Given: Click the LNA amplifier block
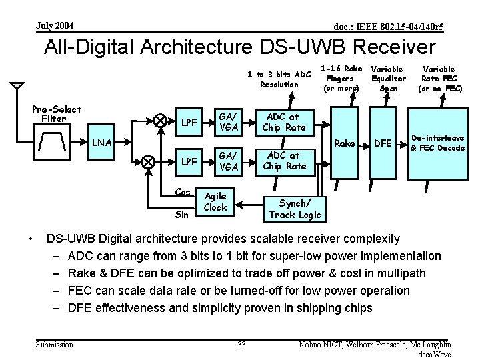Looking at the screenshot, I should [x=103, y=141].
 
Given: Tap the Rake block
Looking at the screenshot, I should [x=344, y=143].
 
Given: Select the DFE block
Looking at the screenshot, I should [x=383, y=143].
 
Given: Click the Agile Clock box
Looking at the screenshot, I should [x=215, y=202].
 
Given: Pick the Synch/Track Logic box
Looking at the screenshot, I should [x=294, y=208].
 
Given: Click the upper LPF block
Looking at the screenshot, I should [x=189, y=123].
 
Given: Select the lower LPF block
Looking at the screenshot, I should [x=189, y=161].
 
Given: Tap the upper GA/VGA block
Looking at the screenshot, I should [x=229, y=122].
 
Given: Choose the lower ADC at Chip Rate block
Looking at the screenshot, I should [x=284, y=161].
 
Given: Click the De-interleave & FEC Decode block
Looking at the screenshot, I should [x=437, y=142].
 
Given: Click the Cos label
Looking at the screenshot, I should [x=183, y=193].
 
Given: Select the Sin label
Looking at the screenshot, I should [x=181, y=215].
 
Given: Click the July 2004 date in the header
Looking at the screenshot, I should [x=55, y=26].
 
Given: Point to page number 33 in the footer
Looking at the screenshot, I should [x=241, y=344].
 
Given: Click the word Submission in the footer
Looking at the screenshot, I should [x=55, y=344].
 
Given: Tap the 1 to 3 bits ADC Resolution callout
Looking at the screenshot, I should [x=279, y=79].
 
